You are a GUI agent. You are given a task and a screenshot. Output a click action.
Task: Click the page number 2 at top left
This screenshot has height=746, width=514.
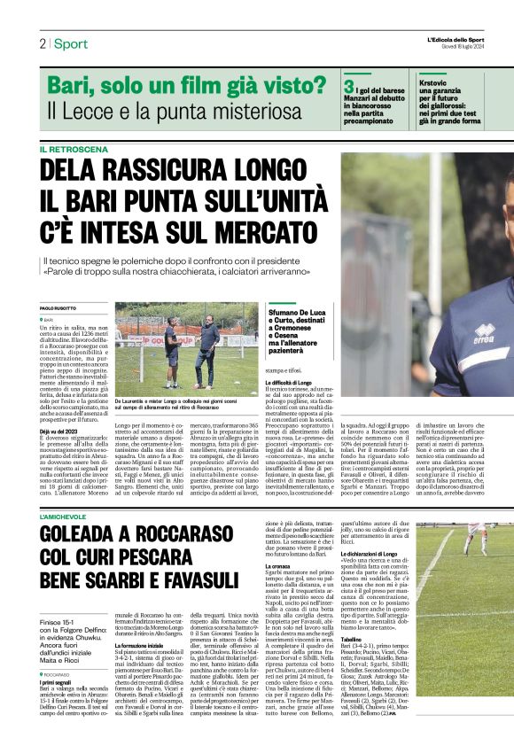(42, 43)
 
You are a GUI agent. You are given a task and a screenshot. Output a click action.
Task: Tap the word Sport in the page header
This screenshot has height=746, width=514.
(71, 43)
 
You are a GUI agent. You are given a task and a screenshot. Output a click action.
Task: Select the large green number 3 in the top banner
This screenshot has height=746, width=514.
(348, 87)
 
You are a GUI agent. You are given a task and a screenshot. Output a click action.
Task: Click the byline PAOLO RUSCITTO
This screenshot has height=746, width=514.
(61, 308)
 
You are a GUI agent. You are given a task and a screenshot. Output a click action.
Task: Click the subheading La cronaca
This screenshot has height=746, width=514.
(278, 589)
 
